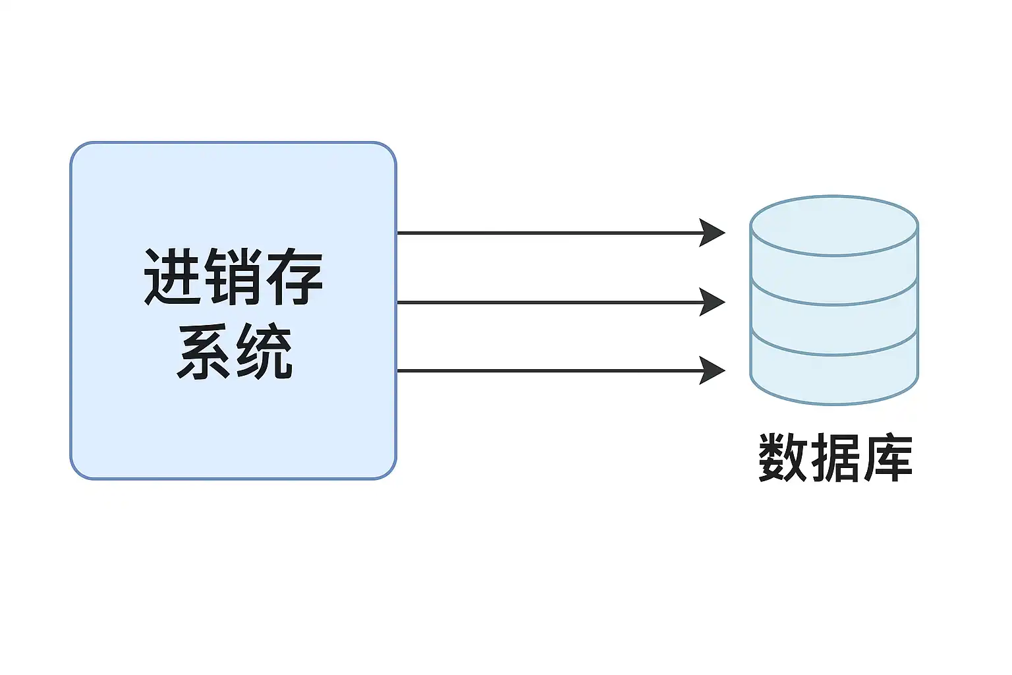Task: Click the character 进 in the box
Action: pyautogui.click(x=173, y=277)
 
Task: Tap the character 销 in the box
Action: pyautogui.click(x=233, y=277)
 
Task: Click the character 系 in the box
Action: pyautogui.click(x=203, y=351)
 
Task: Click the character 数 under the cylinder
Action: pyautogui.click(x=783, y=457)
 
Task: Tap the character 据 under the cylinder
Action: pyautogui.click(x=835, y=457)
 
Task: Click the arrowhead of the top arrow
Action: pyautogui.click(x=713, y=233)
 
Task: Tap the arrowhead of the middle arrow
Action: pyautogui.click(x=713, y=302)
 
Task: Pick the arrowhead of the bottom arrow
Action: pyautogui.click(x=713, y=370)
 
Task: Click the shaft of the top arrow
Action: pyautogui.click(x=547, y=233)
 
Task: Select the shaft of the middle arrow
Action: pyautogui.click(x=547, y=302)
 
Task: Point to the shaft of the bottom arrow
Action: pyautogui.click(x=547, y=370)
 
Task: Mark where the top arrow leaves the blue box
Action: pyautogui.click(x=397, y=233)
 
